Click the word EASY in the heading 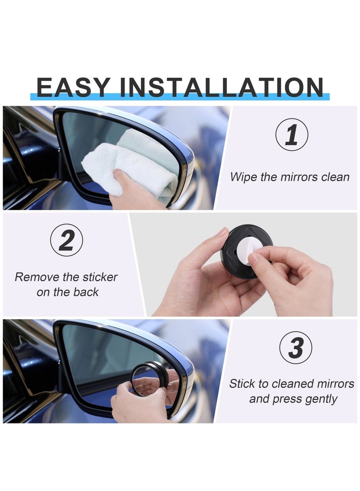click(73, 87)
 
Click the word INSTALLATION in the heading click(224, 87)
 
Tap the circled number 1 click(292, 135)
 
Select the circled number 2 click(66, 240)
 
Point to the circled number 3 click(295, 347)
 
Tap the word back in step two click(86, 292)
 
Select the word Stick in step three click(242, 384)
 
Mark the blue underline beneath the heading click(180, 97)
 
